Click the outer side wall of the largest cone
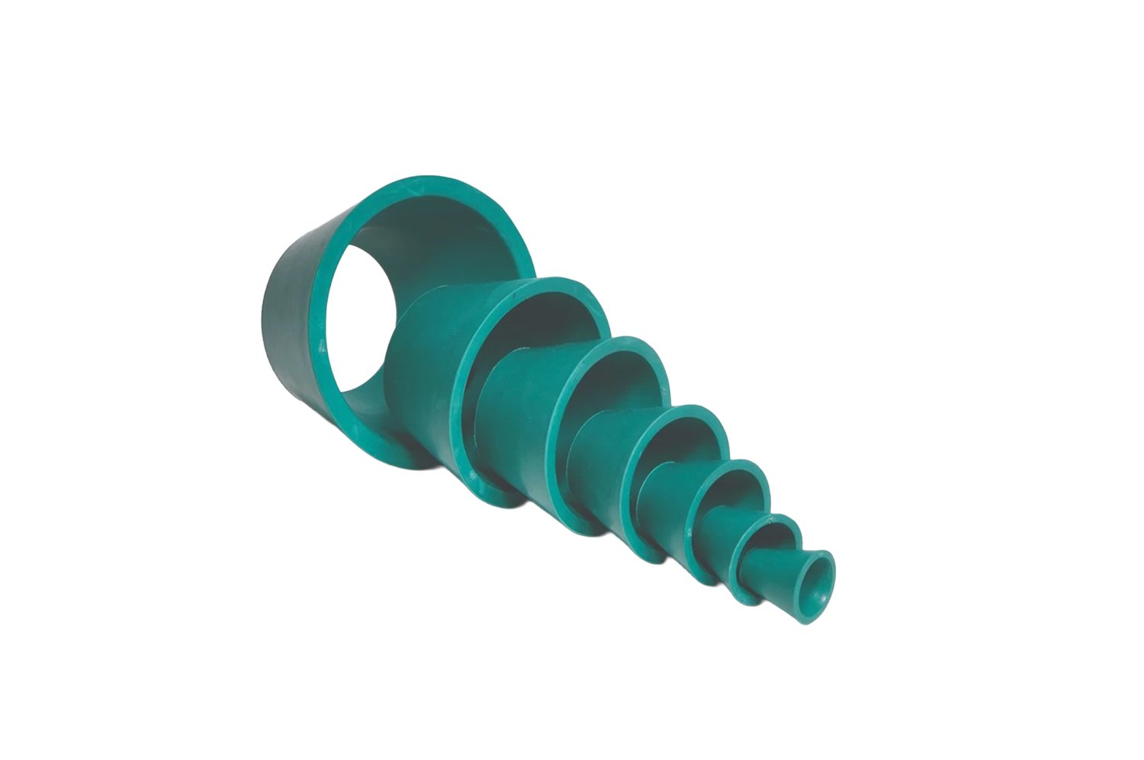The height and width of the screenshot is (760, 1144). coord(294,320)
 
